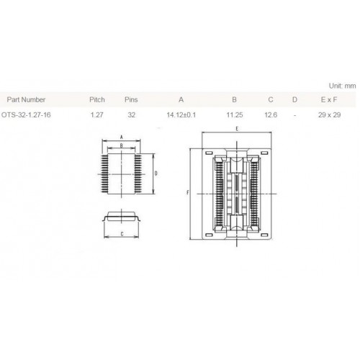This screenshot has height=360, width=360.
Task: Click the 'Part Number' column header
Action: (x=26, y=99)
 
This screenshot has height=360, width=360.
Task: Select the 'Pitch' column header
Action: (x=97, y=99)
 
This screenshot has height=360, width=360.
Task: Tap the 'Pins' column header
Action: (x=131, y=99)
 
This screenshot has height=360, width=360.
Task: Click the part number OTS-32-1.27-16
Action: (x=26, y=114)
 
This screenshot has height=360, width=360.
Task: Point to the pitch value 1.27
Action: (x=97, y=114)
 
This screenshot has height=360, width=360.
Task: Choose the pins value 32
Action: (x=131, y=114)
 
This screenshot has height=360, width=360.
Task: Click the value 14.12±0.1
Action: (x=181, y=114)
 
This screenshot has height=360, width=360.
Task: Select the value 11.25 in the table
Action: (x=235, y=114)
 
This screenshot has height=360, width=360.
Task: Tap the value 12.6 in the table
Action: (x=271, y=114)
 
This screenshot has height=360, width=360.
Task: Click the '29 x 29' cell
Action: (x=329, y=114)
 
